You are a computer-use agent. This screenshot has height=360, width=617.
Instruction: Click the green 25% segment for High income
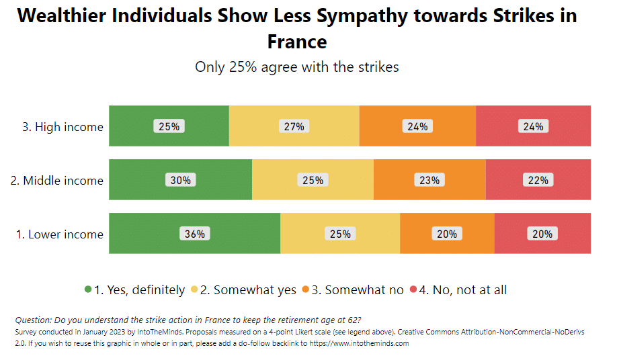(x=169, y=126)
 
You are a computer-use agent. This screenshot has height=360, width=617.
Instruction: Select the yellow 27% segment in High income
(x=294, y=126)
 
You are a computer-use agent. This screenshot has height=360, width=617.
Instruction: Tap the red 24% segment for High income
(x=533, y=126)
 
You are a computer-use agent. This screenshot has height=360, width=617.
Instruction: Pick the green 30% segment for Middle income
(x=180, y=180)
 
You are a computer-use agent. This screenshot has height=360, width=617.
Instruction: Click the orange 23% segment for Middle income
(x=429, y=180)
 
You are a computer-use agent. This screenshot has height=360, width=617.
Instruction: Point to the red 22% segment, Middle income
(x=538, y=180)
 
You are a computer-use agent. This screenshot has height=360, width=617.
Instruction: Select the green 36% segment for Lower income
(x=194, y=234)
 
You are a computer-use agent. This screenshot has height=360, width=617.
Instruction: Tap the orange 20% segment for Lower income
(x=447, y=234)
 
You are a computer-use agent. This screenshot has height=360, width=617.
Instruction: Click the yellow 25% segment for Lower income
(x=340, y=234)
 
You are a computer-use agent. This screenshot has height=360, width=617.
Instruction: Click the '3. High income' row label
(x=63, y=127)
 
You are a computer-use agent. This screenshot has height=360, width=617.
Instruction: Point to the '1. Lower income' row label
(x=59, y=234)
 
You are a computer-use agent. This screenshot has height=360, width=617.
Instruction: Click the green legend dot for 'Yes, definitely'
(x=88, y=289)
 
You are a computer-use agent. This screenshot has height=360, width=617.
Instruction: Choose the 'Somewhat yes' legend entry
(x=248, y=290)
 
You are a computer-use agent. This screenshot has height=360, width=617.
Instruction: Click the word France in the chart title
(x=297, y=42)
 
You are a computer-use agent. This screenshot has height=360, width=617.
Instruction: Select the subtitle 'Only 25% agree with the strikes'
(x=297, y=67)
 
